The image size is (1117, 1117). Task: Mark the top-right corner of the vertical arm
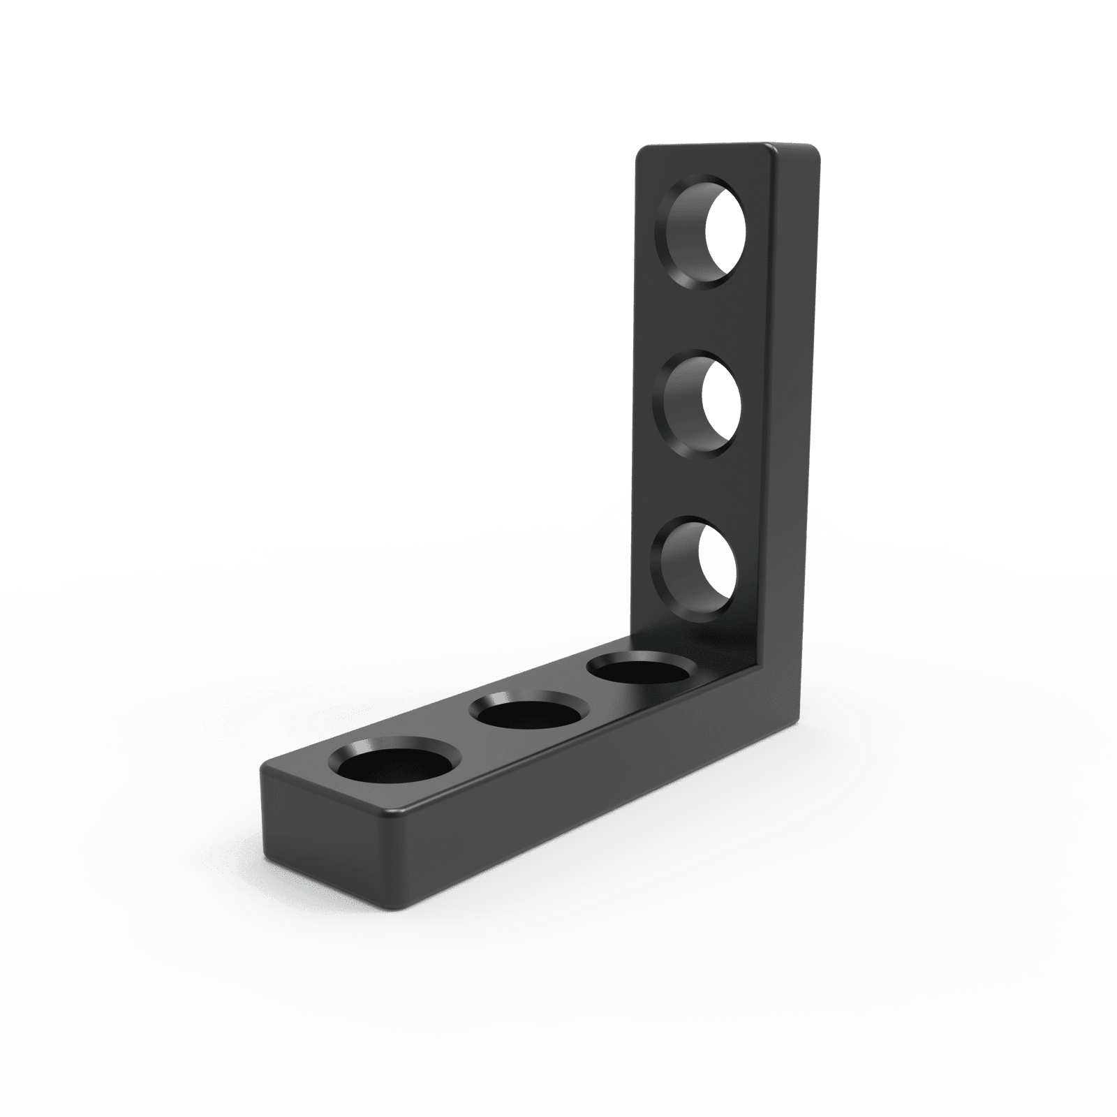(817, 151)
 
